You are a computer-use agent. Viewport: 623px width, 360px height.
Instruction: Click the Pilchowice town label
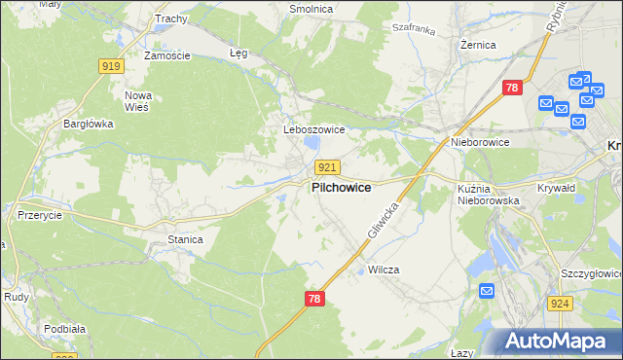[x=340, y=188]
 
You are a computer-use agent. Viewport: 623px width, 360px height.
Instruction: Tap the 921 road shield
[x=328, y=168]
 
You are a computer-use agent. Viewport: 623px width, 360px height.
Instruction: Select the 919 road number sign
[x=111, y=66]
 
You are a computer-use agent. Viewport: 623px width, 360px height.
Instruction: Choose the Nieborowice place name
[x=480, y=142]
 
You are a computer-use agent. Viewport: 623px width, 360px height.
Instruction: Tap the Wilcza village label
[x=384, y=270]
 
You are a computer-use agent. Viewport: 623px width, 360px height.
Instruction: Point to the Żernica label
[x=479, y=45]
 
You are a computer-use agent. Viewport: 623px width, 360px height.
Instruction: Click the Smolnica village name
[x=311, y=9]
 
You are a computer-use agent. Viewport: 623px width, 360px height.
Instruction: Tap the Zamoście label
[x=166, y=55]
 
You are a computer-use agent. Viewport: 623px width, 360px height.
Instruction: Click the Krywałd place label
[x=558, y=188]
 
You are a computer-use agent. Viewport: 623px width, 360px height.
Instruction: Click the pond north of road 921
[x=311, y=145]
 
